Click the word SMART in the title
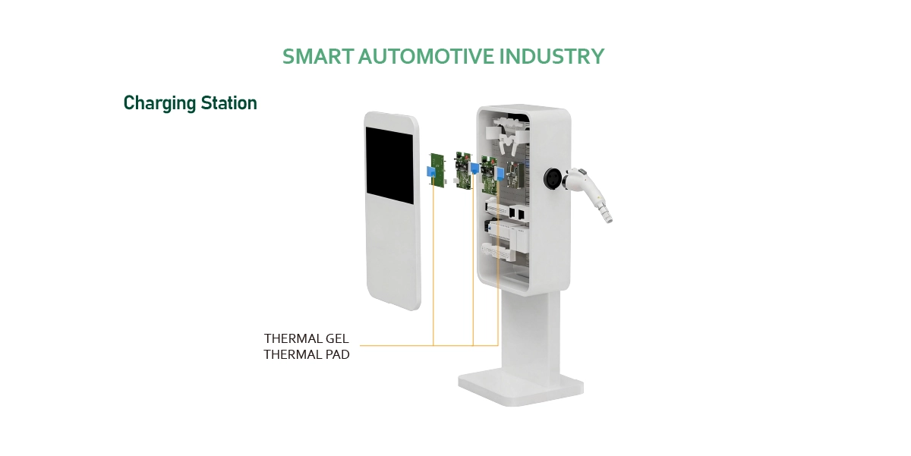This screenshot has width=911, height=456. (318, 56)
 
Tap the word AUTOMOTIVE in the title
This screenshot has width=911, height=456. (426, 56)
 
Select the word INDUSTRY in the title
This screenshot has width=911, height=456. (552, 56)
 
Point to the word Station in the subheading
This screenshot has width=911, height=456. (229, 103)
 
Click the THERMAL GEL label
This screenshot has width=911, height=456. (306, 338)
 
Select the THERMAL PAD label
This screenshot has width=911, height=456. (306, 354)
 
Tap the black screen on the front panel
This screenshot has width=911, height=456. (389, 165)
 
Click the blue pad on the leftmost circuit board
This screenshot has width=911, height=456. (431, 172)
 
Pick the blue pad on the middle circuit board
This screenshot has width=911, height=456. (474, 168)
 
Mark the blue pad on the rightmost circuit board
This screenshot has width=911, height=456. (500, 174)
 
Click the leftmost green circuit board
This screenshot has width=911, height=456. (438, 171)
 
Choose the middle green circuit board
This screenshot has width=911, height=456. (463, 170)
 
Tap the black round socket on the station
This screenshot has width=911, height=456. (553, 178)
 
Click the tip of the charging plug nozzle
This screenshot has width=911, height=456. (608, 219)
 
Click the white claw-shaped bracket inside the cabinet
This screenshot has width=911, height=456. (509, 132)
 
